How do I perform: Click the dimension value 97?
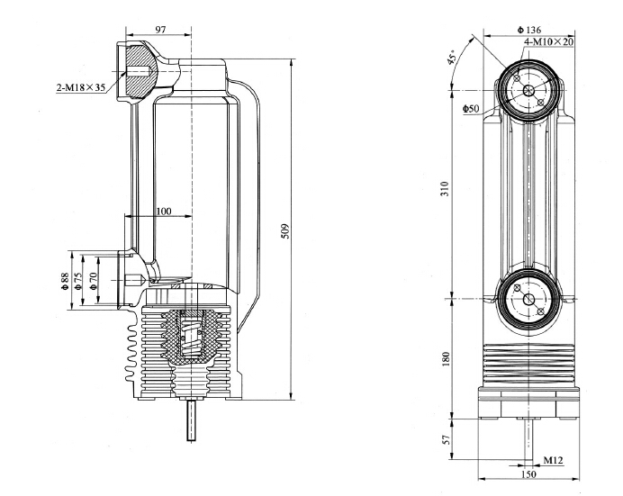pos(161,31)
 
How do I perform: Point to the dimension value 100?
pos(163,211)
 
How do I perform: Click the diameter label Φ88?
pos(64,280)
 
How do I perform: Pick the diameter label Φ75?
pos(79,280)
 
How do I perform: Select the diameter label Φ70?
pos(95,280)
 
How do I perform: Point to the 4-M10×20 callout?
pos(548,41)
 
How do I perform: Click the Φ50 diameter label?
pos(471,109)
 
